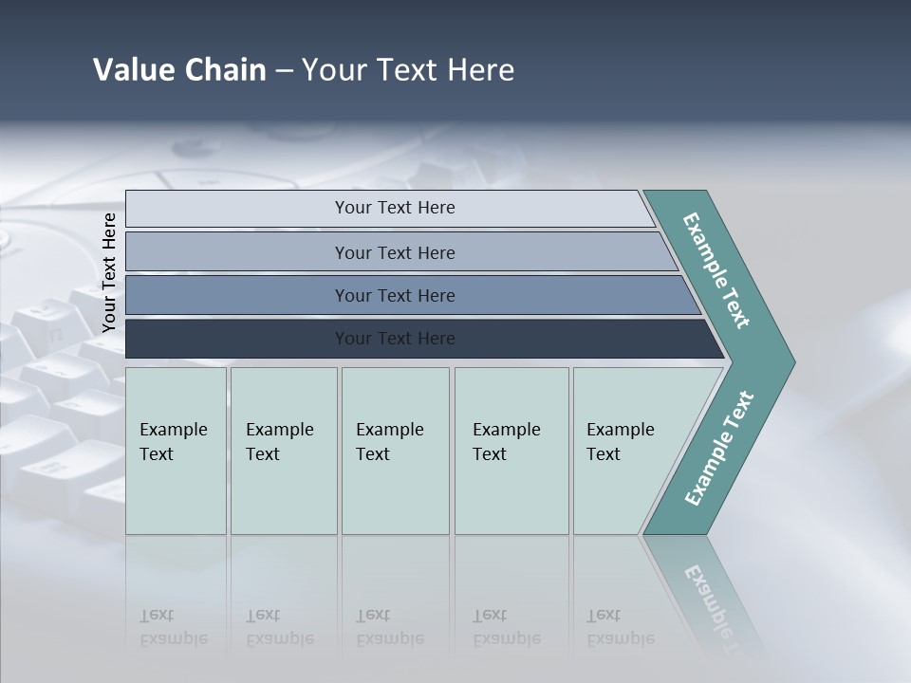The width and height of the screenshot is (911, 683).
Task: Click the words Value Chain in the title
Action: point(179,70)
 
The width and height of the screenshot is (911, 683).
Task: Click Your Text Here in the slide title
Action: point(408,70)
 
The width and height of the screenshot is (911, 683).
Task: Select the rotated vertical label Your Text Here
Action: point(109,272)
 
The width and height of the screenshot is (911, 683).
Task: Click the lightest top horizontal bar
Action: point(395,208)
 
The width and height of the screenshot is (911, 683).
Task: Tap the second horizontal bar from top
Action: point(395,252)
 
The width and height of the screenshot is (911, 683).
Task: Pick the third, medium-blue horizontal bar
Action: point(395,295)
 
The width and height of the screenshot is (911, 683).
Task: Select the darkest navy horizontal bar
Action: point(395,339)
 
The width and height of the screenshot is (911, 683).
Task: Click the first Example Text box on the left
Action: point(176,451)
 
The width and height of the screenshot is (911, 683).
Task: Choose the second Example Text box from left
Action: point(284,451)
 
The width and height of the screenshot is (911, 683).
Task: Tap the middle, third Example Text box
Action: point(395,451)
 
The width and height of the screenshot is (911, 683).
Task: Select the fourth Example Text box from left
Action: point(511,451)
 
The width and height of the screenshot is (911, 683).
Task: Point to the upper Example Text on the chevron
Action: point(716,270)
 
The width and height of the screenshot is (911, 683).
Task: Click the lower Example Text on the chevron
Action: point(719,449)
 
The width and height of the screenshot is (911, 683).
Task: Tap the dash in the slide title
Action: point(284,71)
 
